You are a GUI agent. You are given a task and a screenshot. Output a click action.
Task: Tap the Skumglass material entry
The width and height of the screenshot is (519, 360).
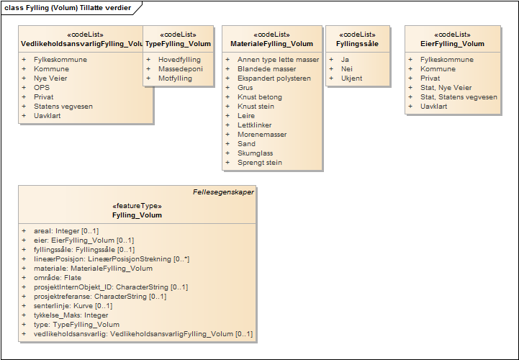(257, 153)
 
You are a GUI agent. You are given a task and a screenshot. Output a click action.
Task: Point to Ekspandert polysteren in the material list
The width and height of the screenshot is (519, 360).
(274, 78)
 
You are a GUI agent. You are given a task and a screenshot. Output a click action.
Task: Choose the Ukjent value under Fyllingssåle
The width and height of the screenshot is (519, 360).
(351, 78)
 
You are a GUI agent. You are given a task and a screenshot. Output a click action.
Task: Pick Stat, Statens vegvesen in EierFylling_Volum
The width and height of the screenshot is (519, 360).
(459, 97)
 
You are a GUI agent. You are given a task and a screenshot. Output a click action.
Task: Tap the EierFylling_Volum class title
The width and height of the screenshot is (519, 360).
(452, 44)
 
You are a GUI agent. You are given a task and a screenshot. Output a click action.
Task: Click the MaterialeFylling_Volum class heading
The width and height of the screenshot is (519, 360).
(273, 44)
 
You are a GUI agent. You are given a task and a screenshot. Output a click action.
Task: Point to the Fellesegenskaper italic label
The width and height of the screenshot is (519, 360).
(223, 192)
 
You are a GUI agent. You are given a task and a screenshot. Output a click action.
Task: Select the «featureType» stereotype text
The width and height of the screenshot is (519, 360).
(137, 206)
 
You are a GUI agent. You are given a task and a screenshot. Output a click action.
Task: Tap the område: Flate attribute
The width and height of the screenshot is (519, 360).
(58, 278)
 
